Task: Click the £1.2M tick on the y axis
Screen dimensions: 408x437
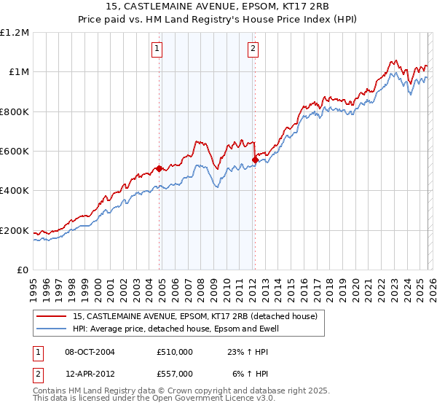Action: [x=15, y=32]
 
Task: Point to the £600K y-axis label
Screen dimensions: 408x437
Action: [x=15, y=152]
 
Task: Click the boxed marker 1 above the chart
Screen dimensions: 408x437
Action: [x=157, y=49]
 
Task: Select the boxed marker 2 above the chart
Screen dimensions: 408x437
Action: [x=253, y=49]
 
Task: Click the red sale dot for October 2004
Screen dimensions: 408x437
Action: [x=159, y=169]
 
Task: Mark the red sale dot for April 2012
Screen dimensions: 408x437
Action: [x=255, y=160]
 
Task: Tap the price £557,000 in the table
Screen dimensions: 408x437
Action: [x=175, y=373]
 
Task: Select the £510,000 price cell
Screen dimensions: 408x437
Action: [x=175, y=352]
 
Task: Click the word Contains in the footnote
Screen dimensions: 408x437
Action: [x=52, y=391]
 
